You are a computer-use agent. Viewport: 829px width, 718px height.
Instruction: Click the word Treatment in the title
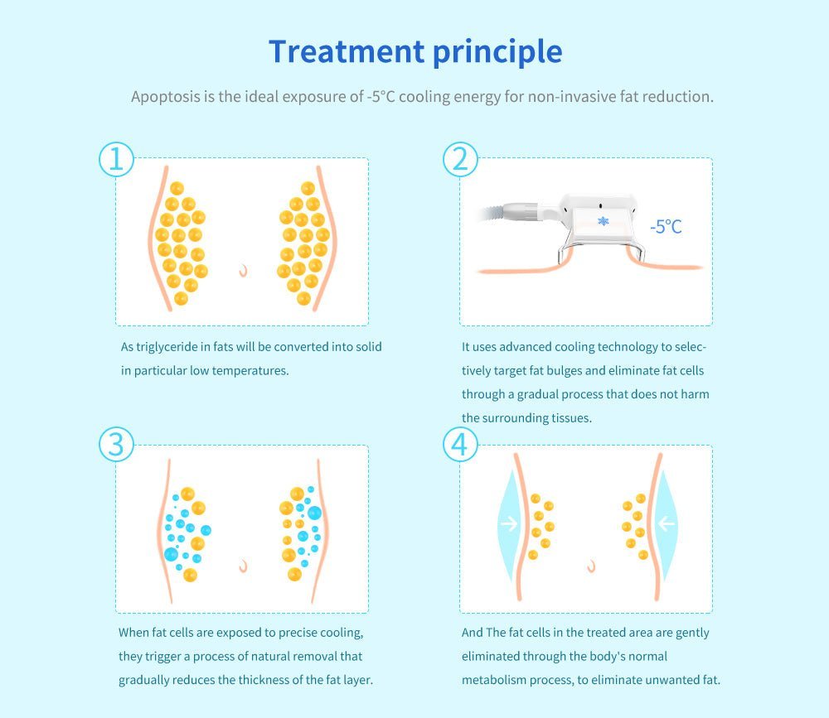coord(347,52)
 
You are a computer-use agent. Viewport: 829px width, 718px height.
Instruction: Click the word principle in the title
coord(497,53)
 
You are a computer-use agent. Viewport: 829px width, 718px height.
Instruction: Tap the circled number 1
coord(116,159)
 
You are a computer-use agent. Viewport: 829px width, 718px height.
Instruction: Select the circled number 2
coord(460,159)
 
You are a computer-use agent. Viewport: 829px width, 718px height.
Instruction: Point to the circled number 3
coord(116,445)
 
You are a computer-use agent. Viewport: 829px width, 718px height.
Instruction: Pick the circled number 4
coord(460,445)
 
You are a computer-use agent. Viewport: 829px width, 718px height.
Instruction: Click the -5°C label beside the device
coord(666,227)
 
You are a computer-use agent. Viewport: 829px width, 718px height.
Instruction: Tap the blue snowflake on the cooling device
coord(604,221)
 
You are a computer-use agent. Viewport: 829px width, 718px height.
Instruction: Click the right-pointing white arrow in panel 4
coord(509,523)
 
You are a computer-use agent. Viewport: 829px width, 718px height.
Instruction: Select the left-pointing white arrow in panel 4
coord(667,523)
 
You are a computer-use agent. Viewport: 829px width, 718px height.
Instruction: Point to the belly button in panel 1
coord(243,271)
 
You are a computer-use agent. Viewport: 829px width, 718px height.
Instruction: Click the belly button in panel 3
coord(243,566)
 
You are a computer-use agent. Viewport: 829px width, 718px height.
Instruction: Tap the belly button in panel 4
coord(592,566)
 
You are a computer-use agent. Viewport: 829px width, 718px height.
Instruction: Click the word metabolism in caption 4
coord(494,680)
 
